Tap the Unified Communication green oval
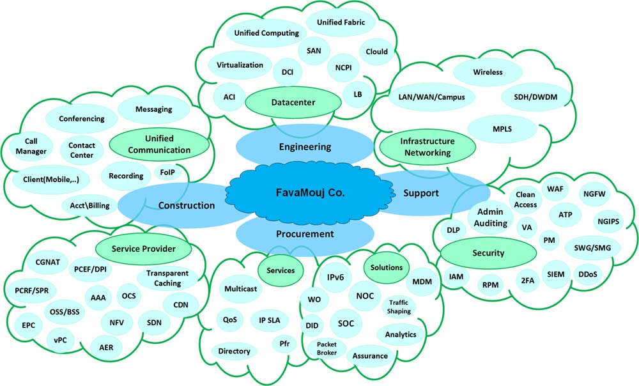(x=159, y=145)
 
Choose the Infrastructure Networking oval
(x=427, y=147)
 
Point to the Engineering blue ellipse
(x=305, y=147)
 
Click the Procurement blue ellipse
(x=305, y=234)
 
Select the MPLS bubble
(x=502, y=129)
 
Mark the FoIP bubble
(x=167, y=173)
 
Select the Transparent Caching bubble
(x=164, y=279)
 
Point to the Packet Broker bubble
(x=327, y=348)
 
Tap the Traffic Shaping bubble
(x=399, y=307)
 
